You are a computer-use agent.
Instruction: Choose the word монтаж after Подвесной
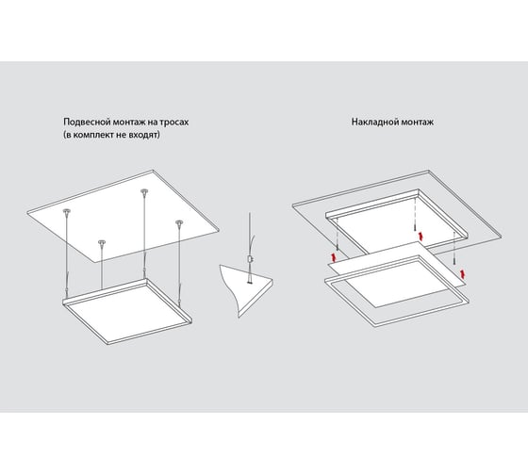click(129, 122)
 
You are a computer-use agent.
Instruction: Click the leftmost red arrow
click(334, 257)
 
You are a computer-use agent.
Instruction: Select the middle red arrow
click(420, 236)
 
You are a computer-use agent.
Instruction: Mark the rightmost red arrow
click(464, 273)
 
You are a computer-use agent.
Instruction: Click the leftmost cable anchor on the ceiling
click(67, 211)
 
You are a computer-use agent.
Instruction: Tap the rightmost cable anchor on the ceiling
click(179, 222)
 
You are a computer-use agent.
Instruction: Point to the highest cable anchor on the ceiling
click(144, 191)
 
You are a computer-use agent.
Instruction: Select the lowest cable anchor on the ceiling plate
click(102, 242)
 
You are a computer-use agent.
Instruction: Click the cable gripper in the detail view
click(250, 259)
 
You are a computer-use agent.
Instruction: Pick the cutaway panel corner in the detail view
click(246, 290)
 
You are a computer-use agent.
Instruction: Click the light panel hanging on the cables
click(127, 312)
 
